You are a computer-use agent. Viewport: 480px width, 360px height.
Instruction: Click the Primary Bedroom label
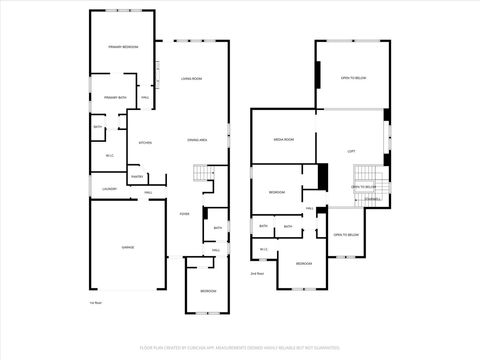coord(123,47)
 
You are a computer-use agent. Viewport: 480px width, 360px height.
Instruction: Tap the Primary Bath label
coord(114,97)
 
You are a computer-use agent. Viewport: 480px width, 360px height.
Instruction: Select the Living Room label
coord(192,77)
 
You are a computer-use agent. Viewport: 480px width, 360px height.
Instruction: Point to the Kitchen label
coord(145,142)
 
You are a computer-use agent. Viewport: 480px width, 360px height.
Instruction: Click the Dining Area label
coord(196,140)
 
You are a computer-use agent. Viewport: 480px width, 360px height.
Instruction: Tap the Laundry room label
coord(110,188)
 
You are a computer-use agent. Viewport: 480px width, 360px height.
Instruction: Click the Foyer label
coord(184,213)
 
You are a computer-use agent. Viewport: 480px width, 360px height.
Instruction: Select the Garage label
coord(128,247)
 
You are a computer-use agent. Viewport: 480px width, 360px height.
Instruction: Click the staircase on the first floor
coord(205,176)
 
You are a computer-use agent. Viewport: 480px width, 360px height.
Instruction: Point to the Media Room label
coord(283,140)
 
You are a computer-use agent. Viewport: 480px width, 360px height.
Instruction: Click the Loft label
coord(352,150)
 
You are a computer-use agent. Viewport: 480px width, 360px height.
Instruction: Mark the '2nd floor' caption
coord(257,272)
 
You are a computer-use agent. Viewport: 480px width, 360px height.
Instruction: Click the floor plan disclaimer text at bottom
coord(240,349)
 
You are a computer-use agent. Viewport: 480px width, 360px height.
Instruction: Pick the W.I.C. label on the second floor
coord(263,249)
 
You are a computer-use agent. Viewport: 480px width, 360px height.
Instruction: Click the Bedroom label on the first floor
coord(206,290)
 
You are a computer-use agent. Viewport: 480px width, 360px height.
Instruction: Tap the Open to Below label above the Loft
coord(352,77)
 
